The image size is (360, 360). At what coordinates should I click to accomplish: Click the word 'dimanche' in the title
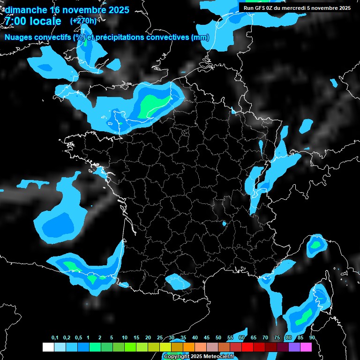click(25, 10)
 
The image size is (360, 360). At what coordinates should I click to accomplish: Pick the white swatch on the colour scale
click(48, 347)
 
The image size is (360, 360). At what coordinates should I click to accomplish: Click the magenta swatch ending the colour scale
click(306, 347)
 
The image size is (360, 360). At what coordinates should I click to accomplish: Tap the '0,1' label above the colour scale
click(55, 338)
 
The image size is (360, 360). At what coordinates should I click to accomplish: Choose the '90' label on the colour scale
click(312, 338)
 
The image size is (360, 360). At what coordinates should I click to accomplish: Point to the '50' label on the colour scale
click(218, 338)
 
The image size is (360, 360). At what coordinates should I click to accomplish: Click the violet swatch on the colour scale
click(294, 347)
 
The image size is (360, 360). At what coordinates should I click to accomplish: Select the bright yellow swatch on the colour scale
click(165, 347)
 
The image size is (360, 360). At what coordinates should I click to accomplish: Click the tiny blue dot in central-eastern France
click(224, 224)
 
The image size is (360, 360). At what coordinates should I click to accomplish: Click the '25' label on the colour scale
click(160, 338)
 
